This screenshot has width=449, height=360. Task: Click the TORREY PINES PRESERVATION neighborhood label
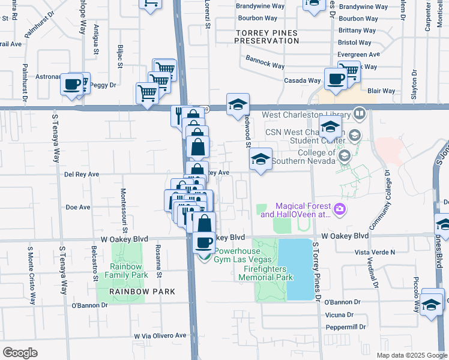267,37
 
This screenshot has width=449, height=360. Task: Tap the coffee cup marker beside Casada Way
335,78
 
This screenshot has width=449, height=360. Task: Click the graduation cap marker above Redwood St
238,104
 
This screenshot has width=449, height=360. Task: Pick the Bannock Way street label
265,61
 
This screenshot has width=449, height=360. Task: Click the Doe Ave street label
77,207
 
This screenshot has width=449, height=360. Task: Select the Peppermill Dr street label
345,327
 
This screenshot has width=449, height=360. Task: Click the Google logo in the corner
20,352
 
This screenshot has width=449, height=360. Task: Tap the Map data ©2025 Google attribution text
411,355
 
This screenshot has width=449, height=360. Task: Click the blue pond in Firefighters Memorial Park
299,268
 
